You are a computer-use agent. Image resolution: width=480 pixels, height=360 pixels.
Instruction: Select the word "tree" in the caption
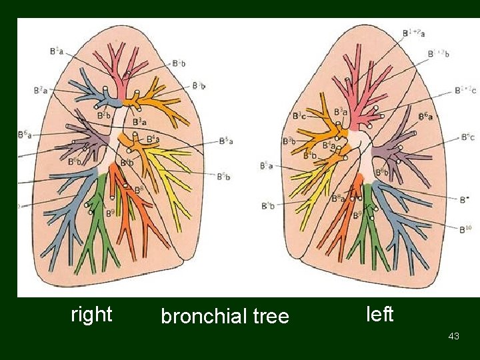(x=271, y=316)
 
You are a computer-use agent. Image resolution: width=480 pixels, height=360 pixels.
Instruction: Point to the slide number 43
(x=454, y=337)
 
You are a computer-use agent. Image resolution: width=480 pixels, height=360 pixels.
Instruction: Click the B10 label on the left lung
(x=465, y=229)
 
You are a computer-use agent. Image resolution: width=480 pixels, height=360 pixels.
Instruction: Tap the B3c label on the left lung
(x=299, y=116)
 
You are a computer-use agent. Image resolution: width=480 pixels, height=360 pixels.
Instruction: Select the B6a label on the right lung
(x=24, y=135)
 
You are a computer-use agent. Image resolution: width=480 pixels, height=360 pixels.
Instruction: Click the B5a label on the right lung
(x=225, y=141)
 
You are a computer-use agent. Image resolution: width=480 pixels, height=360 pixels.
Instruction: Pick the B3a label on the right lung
(x=140, y=122)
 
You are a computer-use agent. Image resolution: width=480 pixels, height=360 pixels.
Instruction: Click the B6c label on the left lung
(x=467, y=137)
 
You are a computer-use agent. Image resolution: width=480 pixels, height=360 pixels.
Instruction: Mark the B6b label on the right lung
(x=75, y=161)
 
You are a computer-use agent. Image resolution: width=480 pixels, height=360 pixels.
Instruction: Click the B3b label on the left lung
(x=290, y=141)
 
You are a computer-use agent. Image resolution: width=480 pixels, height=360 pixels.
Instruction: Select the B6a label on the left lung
(x=425, y=117)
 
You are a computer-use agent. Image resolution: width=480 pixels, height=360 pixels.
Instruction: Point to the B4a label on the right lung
(x=152, y=139)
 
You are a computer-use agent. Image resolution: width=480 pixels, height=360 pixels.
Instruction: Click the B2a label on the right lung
(x=41, y=90)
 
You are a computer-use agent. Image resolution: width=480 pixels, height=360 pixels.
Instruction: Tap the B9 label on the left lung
(x=357, y=214)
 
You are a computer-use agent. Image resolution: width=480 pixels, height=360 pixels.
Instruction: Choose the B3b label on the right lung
(x=198, y=85)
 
